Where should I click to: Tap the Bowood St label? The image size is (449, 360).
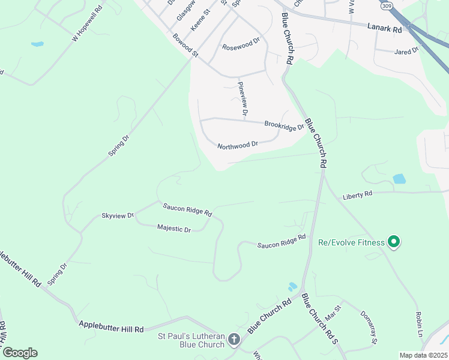pyautogui.click(x=185, y=46)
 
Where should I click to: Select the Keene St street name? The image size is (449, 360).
pyautogui.click(x=200, y=20)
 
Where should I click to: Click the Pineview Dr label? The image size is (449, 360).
pyautogui.click(x=243, y=98)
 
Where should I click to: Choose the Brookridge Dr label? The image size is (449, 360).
pyautogui.click(x=285, y=125)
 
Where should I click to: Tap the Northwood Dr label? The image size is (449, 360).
pyautogui.click(x=237, y=145)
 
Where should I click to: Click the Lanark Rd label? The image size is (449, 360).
pyautogui.click(x=384, y=28)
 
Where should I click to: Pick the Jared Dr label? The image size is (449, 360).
pyautogui.click(x=406, y=52)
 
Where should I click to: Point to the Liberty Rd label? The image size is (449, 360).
pyautogui.click(x=357, y=194)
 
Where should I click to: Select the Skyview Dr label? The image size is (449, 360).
pyautogui.click(x=117, y=215)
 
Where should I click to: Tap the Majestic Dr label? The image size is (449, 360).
pyautogui.click(x=173, y=229)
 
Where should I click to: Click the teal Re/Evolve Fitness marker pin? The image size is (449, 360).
pyautogui.click(x=394, y=242)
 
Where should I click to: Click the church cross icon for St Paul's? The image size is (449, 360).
pyautogui.click(x=234, y=340)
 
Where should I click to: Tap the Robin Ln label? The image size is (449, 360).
pyautogui.click(x=419, y=324)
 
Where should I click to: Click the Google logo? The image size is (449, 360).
pyautogui.click(x=20, y=353)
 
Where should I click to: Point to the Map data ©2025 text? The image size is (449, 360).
pyautogui.click(x=423, y=355)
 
